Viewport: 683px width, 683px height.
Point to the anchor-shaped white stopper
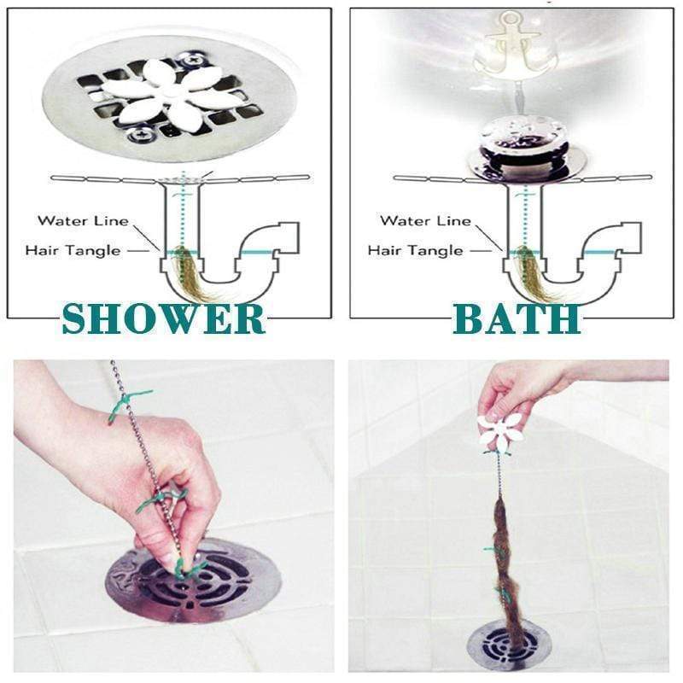pyautogui.click(x=507, y=42)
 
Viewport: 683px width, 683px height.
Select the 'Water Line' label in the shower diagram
pyautogui.click(x=83, y=220)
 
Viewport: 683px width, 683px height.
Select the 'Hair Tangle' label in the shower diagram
pyautogui.click(x=73, y=250)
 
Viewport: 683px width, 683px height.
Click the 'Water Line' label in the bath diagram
pyautogui.click(x=425, y=220)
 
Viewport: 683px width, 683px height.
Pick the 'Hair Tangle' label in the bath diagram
pyautogui.click(x=415, y=250)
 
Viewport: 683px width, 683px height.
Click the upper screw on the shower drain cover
pyautogui.click(x=190, y=60)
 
